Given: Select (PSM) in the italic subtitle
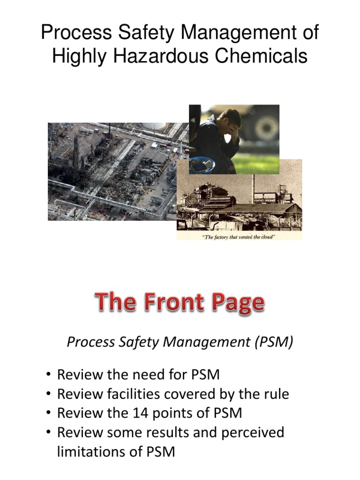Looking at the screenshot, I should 273,343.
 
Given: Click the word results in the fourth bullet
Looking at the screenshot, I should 180,432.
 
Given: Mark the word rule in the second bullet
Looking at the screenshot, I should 276,394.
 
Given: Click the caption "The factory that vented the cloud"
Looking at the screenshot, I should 239,236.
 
